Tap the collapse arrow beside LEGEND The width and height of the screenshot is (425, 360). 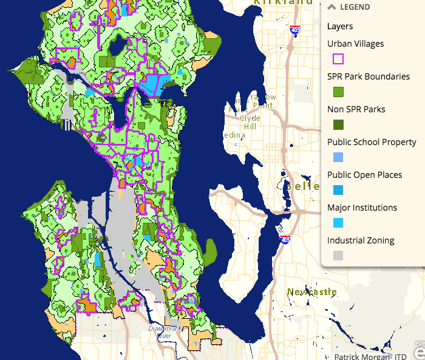click(x=331, y=7)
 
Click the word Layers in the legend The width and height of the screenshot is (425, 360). click(x=339, y=26)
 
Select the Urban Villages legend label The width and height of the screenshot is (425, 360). click(x=355, y=44)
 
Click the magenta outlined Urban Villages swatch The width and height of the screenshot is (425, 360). click(x=338, y=59)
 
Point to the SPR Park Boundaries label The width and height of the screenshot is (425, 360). click(x=368, y=76)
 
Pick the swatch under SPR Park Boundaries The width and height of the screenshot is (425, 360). click(x=338, y=92)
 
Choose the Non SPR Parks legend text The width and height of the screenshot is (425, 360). click(x=356, y=109)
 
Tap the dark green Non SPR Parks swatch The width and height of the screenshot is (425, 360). click(x=338, y=124)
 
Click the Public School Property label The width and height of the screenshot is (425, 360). click(x=372, y=142)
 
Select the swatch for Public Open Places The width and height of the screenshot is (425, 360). click(x=338, y=190)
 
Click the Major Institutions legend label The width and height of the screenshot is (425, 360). click(x=362, y=208)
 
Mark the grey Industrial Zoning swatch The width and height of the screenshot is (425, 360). click(x=338, y=256)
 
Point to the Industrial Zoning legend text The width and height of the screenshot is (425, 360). click(x=361, y=240)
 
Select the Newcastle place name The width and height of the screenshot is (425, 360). click(x=312, y=292)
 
